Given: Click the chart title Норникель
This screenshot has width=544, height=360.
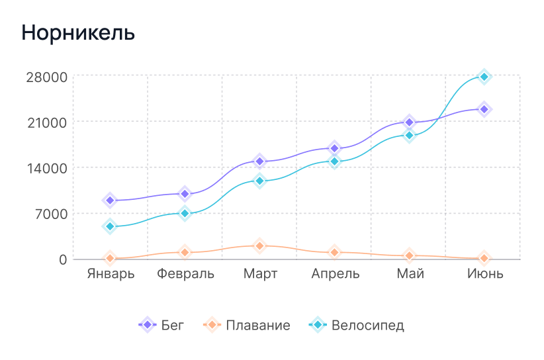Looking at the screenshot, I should (78, 33).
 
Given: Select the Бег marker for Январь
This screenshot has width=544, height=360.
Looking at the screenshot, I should (111, 201).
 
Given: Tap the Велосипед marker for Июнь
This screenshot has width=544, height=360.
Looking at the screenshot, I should (484, 77).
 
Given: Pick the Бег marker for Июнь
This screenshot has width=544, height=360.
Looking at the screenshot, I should (484, 109).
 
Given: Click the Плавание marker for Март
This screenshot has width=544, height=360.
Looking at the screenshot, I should (259, 246).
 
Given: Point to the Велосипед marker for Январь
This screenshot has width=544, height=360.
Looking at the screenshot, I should (111, 226).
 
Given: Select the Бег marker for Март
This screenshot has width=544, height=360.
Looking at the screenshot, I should (259, 161).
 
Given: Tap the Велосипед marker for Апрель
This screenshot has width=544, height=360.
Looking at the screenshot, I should (334, 161).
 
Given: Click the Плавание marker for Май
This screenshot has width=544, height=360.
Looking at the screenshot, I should (409, 256).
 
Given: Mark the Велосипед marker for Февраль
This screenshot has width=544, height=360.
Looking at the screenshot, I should (185, 213).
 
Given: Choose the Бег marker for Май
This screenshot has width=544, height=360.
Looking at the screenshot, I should (409, 122).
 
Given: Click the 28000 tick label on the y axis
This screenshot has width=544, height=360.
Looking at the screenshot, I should (46, 77).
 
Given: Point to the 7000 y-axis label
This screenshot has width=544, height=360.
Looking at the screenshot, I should (50, 214).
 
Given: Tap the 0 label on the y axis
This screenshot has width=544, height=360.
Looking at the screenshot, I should (63, 259).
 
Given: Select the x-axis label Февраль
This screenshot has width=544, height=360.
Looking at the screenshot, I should (185, 274).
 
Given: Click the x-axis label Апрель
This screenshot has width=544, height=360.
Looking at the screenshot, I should (335, 274).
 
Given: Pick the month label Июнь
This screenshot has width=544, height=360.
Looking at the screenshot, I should (484, 274).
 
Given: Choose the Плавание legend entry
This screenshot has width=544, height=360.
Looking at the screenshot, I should (247, 326).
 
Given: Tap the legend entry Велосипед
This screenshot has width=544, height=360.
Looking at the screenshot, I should (357, 326).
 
